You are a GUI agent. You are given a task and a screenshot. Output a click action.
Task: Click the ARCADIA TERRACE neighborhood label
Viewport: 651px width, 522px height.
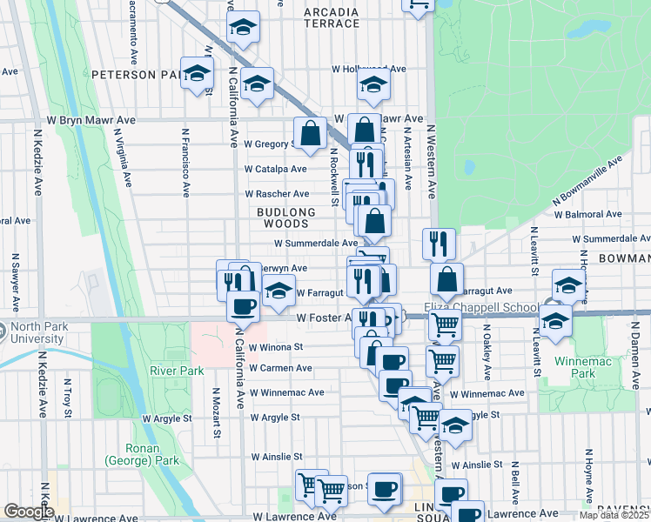click(x=331, y=18)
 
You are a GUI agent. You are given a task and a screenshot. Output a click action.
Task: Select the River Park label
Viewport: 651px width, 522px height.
click(x=177, y=371)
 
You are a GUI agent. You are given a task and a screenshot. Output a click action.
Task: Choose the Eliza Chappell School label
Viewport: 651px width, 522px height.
click(x=480, y=307)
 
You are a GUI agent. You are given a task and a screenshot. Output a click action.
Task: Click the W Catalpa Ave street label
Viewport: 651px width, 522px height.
click(x=275, y=169)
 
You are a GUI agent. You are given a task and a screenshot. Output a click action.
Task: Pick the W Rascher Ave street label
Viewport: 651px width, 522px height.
click(x=277, y=194)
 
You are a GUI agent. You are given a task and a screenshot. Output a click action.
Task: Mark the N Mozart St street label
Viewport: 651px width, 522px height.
click(x=216, y=415)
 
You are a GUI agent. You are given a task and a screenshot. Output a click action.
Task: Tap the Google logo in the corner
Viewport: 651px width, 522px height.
click(x=29, y=512)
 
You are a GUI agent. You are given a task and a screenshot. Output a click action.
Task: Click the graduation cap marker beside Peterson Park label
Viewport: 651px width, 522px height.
click(x=198, y=73)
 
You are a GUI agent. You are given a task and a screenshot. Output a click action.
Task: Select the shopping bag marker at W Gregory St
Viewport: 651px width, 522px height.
click(x=310, y=133)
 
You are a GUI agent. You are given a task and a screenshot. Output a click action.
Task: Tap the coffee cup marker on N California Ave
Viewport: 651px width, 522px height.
click(x=243, y=306)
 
